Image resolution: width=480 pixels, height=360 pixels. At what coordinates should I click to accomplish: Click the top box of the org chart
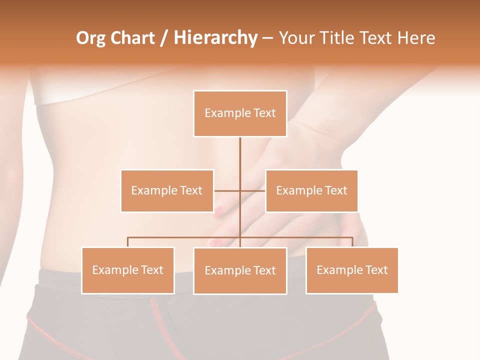tap(240, 113)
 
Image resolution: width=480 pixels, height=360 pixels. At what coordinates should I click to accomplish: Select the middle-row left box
tap(167, 190)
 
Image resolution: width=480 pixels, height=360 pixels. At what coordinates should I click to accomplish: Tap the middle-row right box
tap(311, 190)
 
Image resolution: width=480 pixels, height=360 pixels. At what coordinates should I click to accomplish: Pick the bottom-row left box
tap(128, 270)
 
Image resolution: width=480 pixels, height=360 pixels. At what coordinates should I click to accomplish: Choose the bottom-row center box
tap(240, 270)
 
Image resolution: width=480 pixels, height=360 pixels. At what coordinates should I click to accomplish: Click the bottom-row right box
tap(352, 270)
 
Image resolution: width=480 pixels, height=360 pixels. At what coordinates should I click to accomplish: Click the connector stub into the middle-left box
tap(226, 190)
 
